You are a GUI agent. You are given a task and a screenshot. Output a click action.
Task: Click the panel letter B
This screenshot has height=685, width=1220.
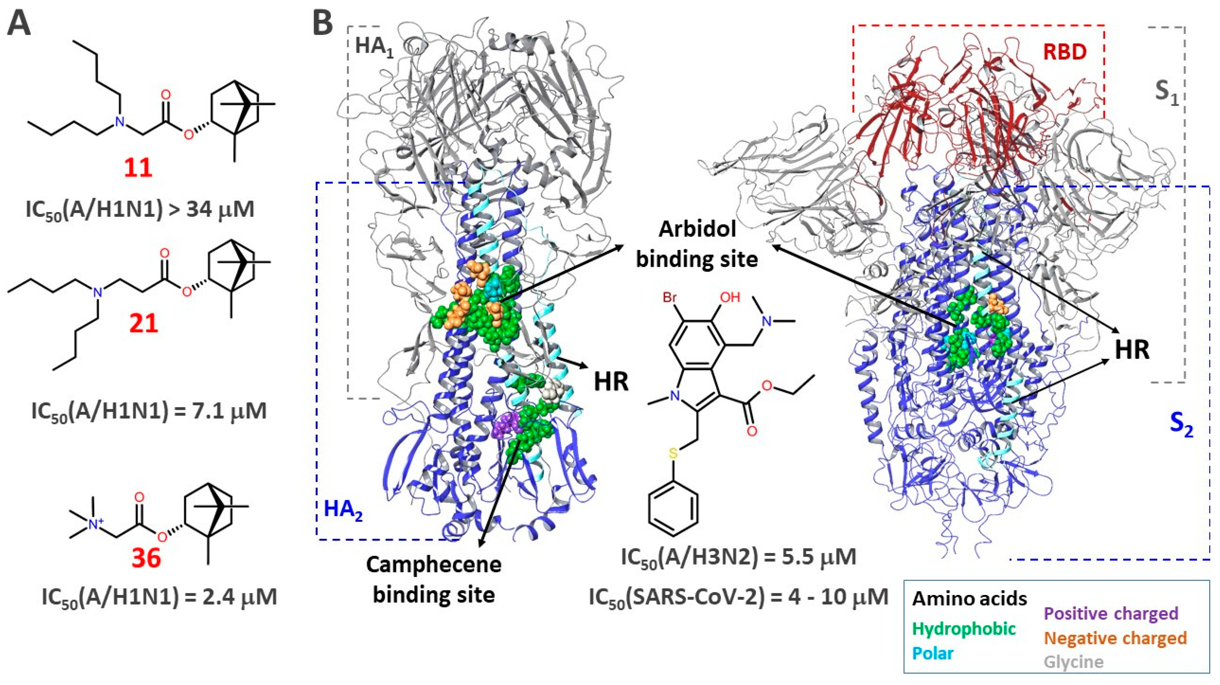[323, 22]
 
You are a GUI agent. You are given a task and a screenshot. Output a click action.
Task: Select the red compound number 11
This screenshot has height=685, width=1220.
[138, 167]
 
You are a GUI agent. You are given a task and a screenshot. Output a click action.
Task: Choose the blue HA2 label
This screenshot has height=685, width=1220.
[343, 510]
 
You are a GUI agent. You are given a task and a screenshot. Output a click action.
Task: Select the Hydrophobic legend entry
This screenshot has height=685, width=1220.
[964, 629]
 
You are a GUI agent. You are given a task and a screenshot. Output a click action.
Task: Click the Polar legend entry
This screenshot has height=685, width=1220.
[932, 653]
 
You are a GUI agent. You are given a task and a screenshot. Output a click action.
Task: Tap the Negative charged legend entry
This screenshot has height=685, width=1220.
[1115, 638]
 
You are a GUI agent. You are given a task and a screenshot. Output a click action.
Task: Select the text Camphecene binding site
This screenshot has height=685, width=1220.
[434, 579]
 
